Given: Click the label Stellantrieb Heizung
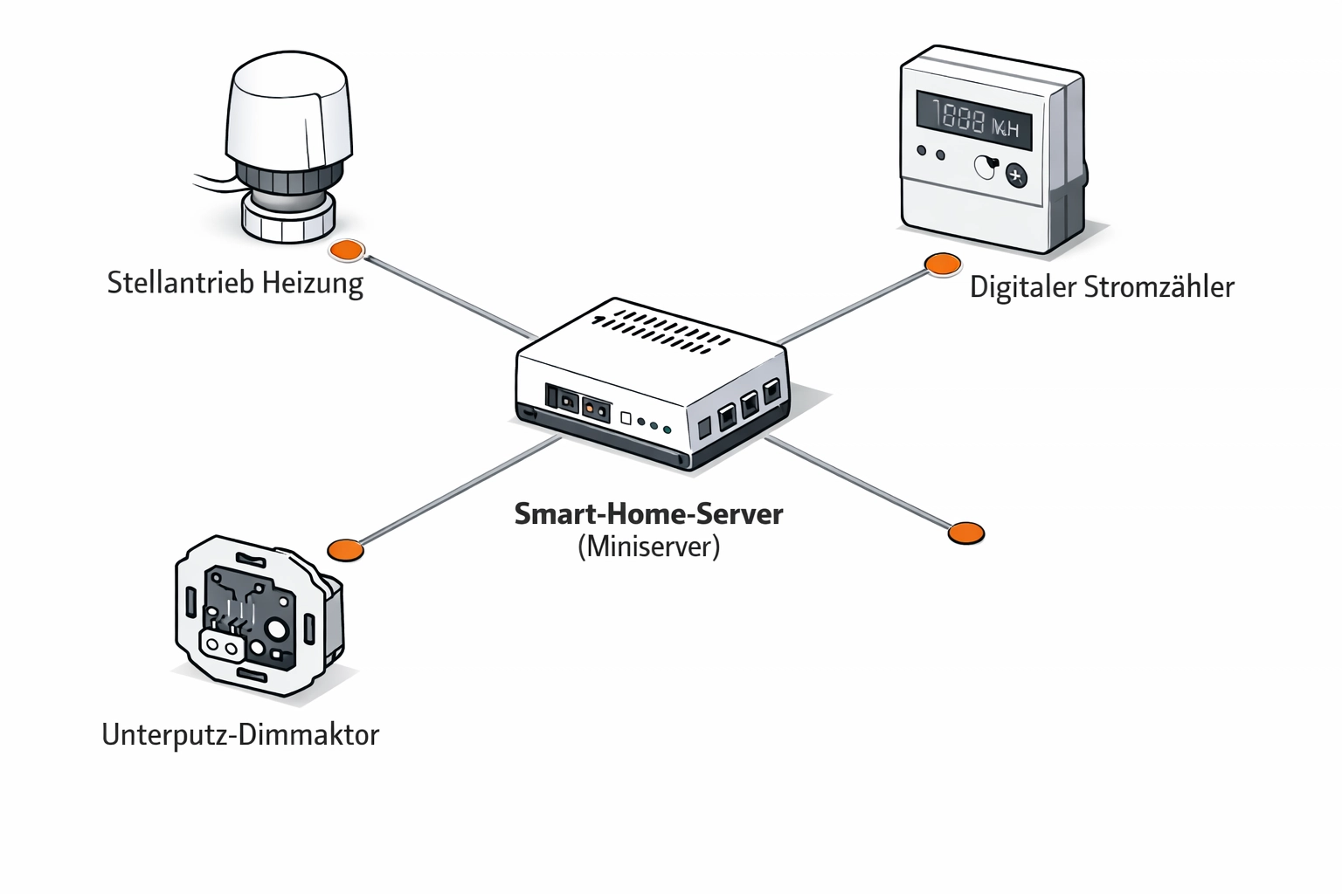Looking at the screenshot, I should [x=234, y=284].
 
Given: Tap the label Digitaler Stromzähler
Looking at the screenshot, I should [x=1101, y=287].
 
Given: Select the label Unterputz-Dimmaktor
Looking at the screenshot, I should [x=240, y=734].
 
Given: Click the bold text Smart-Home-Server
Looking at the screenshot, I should [x=648, y=513].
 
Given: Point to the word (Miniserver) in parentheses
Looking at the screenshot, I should [x=648, y=547].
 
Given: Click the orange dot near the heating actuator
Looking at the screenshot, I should [x=346, y=251].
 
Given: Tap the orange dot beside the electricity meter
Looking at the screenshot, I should [x=943, y=264].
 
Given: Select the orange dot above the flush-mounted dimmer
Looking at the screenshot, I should [x=345, y=549].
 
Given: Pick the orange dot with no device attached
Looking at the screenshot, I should [x=965, y=533].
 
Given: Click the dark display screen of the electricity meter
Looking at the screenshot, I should [x=973, y=120].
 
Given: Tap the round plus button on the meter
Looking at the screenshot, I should [x=1015, y=175].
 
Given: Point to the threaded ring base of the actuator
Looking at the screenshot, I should [x=287, y=218].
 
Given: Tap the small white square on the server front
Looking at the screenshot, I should [x=626, y=418].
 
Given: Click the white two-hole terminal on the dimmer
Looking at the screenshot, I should [x=221, y=645].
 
